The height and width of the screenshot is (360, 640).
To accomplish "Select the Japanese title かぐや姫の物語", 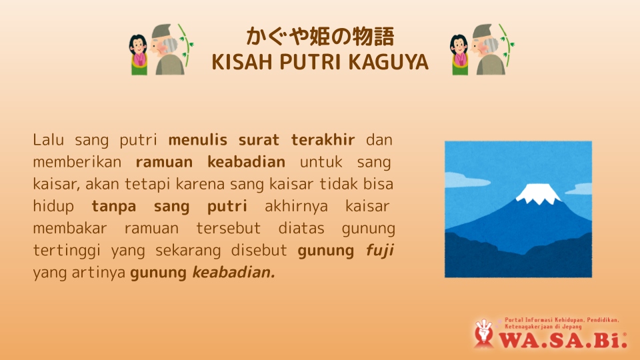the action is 320,36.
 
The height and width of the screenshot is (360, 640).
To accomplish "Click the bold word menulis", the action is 197,140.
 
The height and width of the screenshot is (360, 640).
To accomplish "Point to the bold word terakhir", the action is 323,140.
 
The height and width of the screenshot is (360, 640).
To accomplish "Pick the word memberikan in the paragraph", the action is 77,162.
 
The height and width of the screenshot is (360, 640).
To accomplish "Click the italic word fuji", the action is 379,251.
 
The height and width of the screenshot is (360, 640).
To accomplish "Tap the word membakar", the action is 70,228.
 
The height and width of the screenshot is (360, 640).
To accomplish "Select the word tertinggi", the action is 67,251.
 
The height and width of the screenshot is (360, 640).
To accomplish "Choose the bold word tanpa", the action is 113,207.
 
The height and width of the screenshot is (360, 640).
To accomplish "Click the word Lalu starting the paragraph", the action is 49,140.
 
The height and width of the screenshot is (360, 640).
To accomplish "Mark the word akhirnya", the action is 296,207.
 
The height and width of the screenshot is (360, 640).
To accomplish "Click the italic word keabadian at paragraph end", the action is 234,273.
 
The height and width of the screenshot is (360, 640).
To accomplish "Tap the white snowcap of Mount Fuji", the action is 538,194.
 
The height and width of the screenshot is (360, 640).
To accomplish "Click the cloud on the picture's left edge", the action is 461,181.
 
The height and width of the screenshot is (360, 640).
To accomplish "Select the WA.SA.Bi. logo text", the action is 563,339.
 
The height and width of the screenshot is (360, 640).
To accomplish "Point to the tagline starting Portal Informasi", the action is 561,323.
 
